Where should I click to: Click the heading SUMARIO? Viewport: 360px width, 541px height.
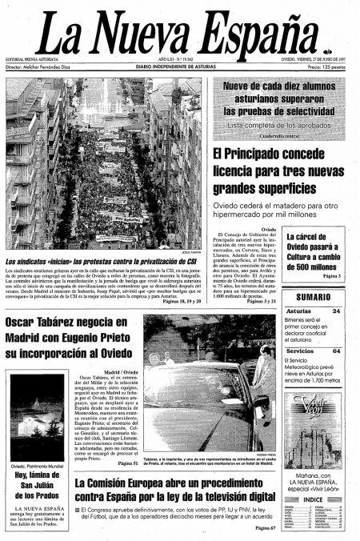(314, 297)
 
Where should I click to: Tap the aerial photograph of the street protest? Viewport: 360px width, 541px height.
(104, 164)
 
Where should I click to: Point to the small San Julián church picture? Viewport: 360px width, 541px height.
(37, 416)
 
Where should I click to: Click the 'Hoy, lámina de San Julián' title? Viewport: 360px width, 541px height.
(37, 489)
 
